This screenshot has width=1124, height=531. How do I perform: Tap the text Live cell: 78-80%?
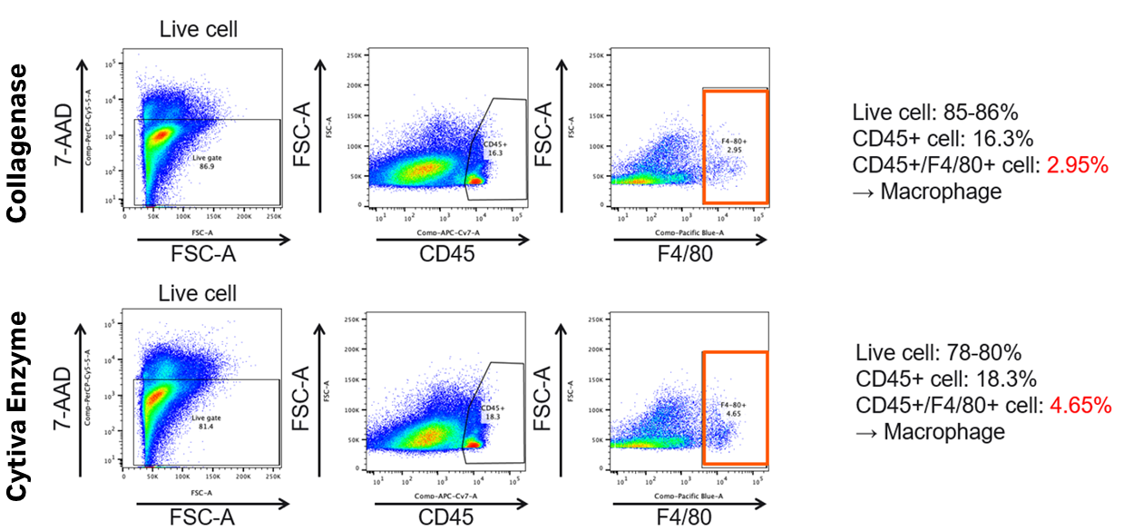(938, 353)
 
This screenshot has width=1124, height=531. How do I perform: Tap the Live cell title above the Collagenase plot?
(198, 29)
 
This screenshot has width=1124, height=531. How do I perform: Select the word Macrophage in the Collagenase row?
(943, 191)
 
